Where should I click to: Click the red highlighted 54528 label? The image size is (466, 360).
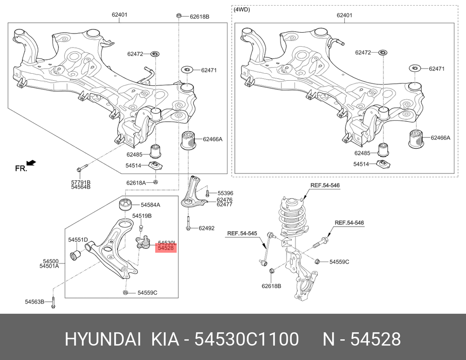(166, 248)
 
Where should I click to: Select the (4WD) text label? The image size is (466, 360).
(242, 9)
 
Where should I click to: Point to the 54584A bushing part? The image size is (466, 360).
(126, 204)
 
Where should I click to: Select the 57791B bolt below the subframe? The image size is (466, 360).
(81, 168)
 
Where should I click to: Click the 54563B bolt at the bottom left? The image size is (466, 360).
(53, 302)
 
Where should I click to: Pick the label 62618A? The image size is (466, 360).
(136, 183)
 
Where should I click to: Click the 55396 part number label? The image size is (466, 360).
(225, 193)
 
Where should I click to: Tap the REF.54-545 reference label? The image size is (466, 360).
(242, 233)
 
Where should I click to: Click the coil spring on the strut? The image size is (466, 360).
(292, 219)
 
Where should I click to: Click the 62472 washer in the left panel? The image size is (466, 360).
(156, 54)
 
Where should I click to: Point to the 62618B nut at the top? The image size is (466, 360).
(179, 15)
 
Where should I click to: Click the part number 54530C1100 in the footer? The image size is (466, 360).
(247, 339)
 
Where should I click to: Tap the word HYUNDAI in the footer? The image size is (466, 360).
(103, 339)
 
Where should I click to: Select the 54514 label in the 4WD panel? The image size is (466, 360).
(361, 164)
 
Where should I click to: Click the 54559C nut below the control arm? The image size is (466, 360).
(125, 292)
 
